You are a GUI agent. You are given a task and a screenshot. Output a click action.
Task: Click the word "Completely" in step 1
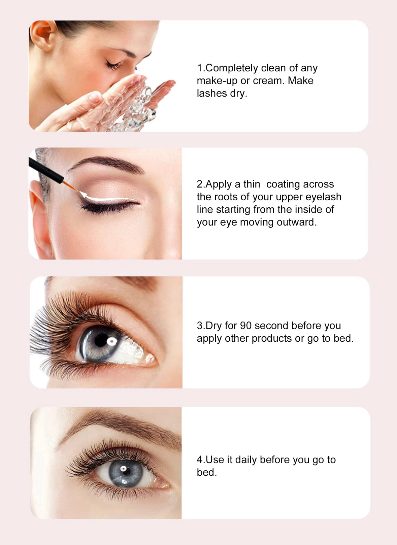[x=231, y=68]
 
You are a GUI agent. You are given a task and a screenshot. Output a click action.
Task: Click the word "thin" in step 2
[x=252, y=184]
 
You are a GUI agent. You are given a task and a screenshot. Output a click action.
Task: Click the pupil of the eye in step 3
[x=101, y=340]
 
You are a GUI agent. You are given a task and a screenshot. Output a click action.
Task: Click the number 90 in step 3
[x=245, y=326]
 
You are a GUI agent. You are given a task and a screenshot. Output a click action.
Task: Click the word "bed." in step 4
[x=207, y=473]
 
